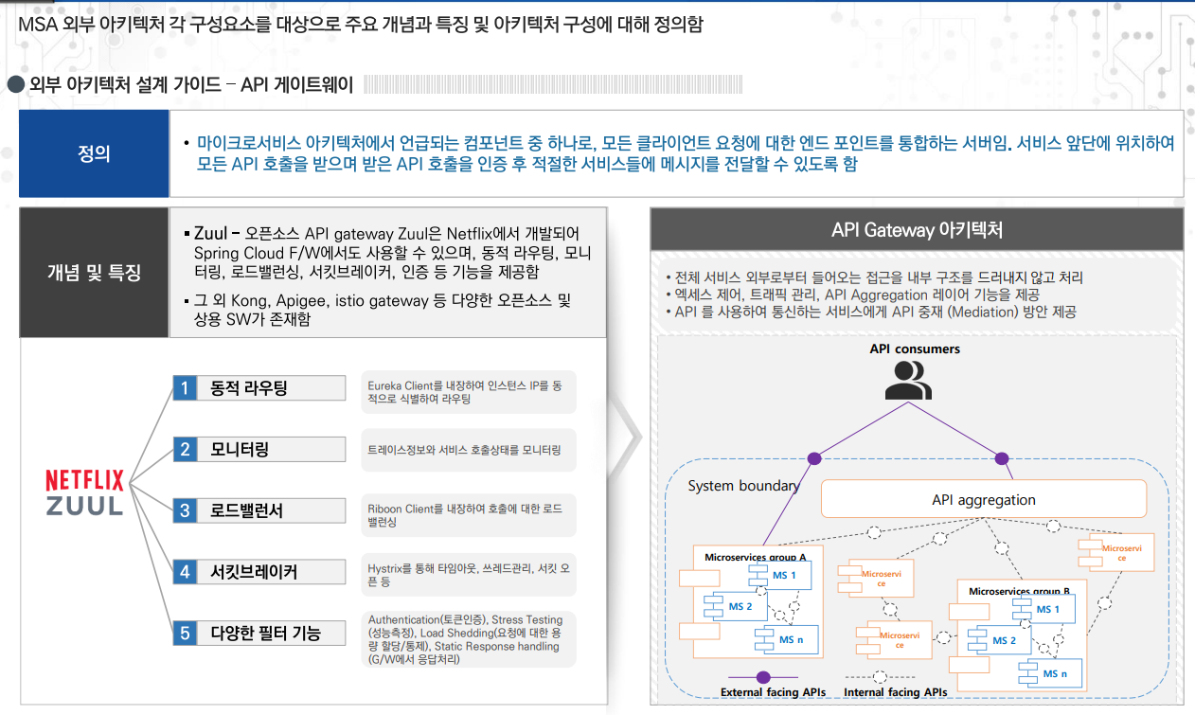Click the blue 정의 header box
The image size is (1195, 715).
click(94, 153)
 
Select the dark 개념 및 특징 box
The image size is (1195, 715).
click(94, 273)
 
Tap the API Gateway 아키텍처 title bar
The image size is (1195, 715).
click(917, 230)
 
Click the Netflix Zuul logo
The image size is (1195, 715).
click(85, 492)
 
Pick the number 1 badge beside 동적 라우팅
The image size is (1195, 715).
click(185, 388)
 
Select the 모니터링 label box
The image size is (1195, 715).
click(271, 449)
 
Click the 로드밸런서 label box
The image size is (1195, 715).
click(271, 510)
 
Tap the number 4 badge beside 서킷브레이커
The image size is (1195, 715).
click(185, 572)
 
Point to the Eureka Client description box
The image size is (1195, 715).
click(468, 392)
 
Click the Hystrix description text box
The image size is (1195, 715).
click(468, 574)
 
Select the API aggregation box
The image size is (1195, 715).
click(983, 499)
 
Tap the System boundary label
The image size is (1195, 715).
click(743, 486)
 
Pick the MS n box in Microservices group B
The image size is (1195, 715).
click(1048, 674)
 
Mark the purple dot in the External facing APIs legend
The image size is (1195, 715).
click(763, 677)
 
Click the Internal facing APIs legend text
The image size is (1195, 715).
click(895, 692)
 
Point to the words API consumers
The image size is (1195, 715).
click(915, 349)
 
